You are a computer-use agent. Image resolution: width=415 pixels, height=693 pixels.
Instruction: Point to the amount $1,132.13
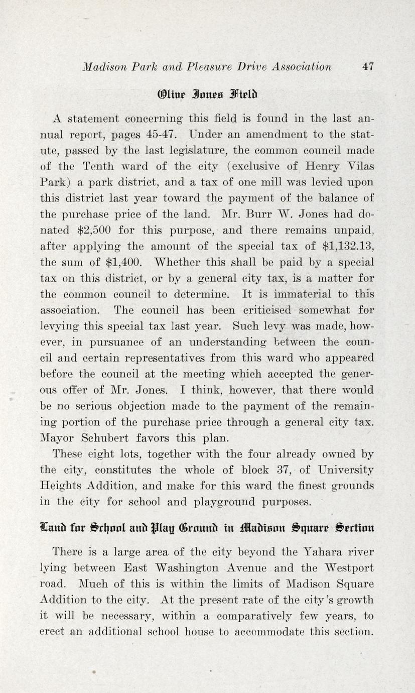tap(347, 247)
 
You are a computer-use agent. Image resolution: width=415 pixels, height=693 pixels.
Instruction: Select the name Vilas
tap(357, 167)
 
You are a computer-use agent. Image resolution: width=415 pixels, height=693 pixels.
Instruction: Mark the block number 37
tap(290, 470)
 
